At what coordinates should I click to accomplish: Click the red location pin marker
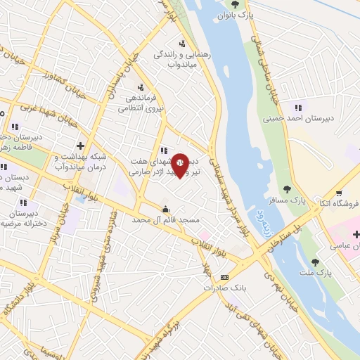point(180,165)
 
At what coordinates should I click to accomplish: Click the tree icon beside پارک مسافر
point(287,188)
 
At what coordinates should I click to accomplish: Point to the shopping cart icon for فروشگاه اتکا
point(339,193)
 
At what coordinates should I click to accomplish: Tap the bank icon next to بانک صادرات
point(224,277)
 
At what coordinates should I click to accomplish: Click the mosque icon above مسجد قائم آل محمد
point(166,209)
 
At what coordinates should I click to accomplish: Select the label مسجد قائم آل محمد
point(162,220)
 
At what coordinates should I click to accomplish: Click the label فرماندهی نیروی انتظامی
point(139,103)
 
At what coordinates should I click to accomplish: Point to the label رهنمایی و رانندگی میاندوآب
point(179,58)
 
